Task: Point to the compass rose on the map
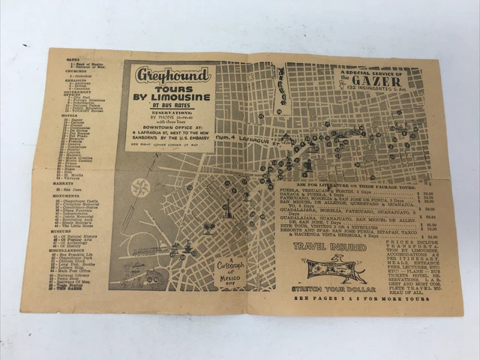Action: (140, 187)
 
